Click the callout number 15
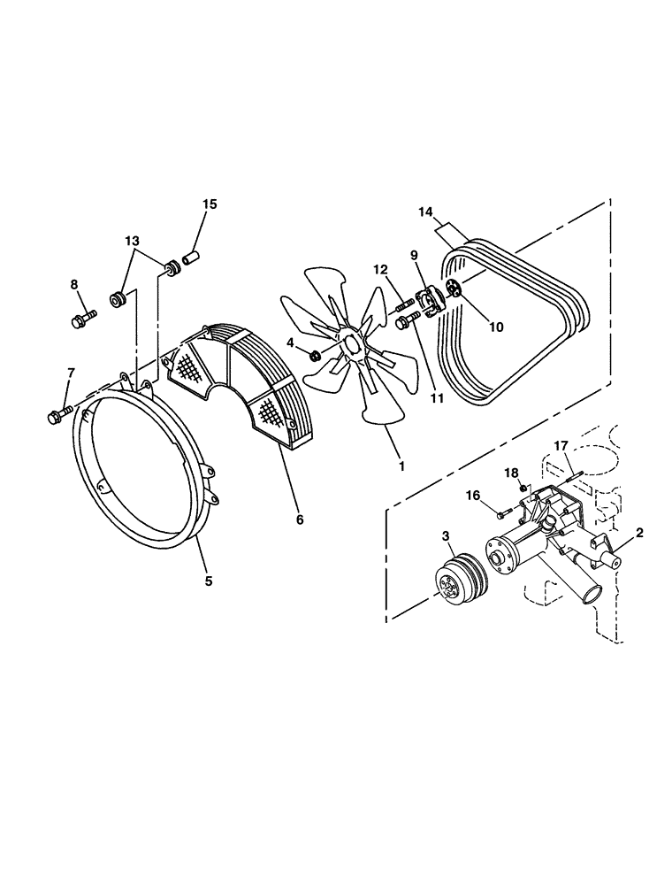(209, 204)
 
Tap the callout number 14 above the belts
(426, 212)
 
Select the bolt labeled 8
(84, 317)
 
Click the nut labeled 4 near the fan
(315, 356)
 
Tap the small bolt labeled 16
(501, 512)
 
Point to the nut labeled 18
(523, 488)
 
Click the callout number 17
(561, 445)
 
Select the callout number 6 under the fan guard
(300, 519)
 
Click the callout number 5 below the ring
(209, 581)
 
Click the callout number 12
(379, 269)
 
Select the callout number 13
(132, 240)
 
